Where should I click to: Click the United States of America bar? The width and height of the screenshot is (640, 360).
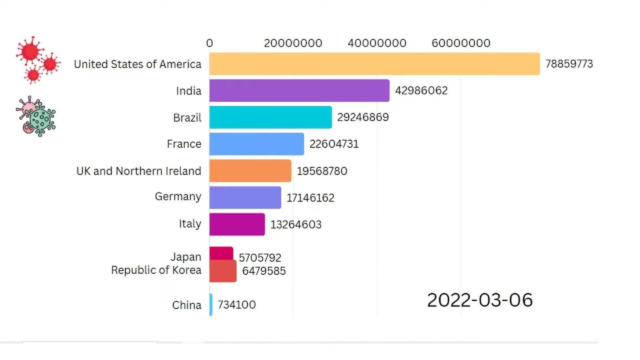coord(374,64)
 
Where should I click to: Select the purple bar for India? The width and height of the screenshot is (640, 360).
coord(299,90)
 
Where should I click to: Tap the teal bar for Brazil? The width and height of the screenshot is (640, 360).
coord(270,117)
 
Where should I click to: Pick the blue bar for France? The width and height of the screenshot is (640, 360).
coord(256,144)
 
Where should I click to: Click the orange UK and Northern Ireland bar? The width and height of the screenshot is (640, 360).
coord(250,171)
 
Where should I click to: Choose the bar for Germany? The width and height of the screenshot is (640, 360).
coord(245,197)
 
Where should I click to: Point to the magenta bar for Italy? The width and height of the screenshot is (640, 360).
coord(236,224)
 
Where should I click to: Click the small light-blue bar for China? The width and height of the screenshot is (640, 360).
coord(211,304)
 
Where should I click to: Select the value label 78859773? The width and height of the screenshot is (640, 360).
coord(569,64)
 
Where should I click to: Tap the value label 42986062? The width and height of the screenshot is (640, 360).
coord(421,90)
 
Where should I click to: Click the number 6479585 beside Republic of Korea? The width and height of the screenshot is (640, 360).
coord(263,271)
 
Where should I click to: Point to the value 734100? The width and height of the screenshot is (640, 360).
coord(236,304)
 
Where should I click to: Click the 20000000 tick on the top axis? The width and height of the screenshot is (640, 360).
coord(293,43)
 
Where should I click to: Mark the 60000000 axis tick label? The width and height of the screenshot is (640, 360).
coord(460,43)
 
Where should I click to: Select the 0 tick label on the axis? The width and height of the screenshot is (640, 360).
coord(209,43)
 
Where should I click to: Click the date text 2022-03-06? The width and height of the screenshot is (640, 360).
coord(479,300)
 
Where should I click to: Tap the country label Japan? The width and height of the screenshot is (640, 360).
coord(185,257)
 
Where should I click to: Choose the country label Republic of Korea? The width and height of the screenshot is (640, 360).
coord(156,270)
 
